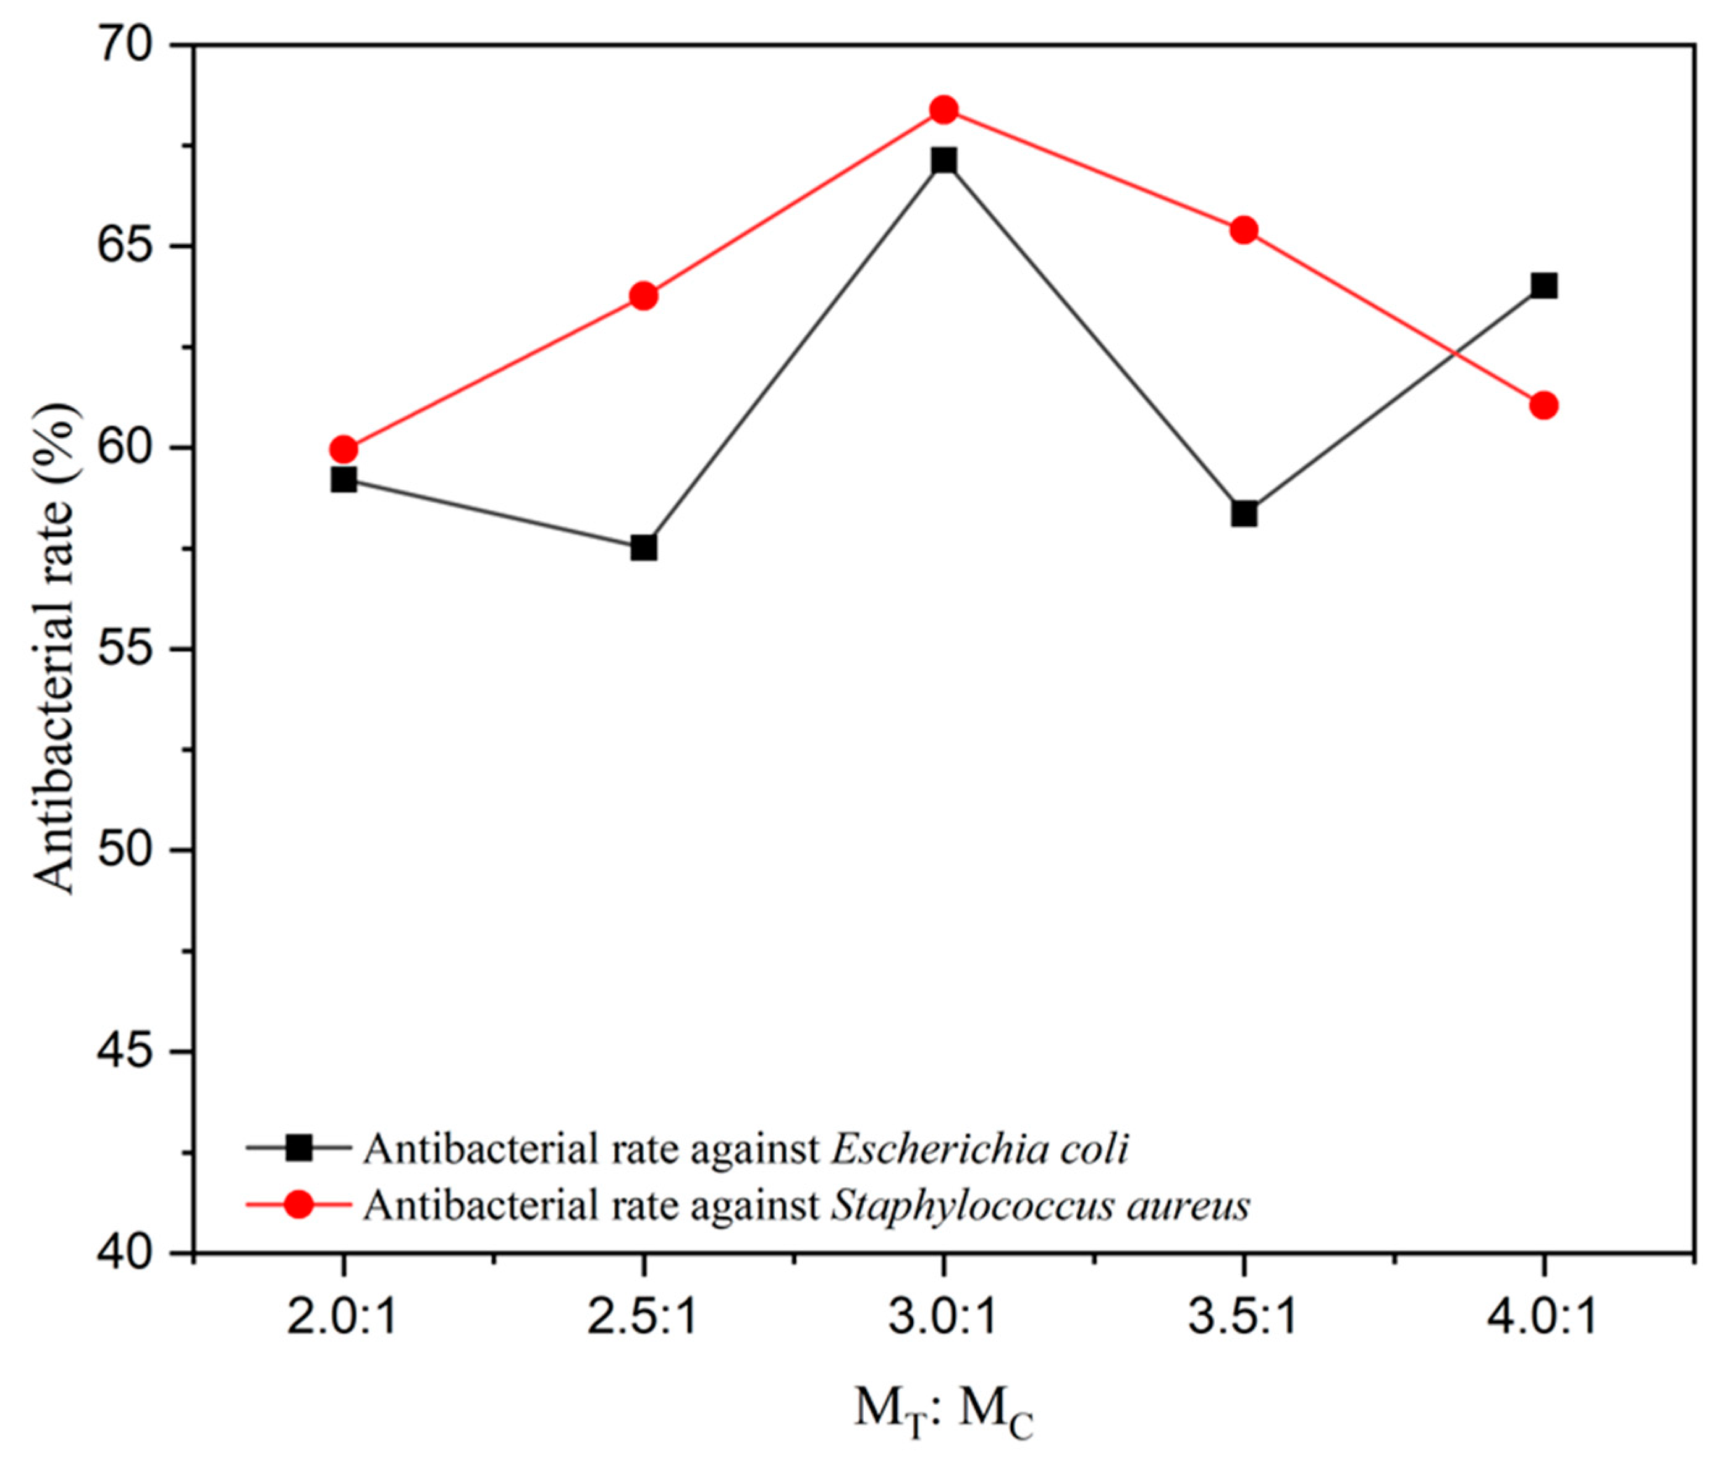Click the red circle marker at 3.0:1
pyautogui.click(x=943, y=110)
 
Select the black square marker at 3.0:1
pyautogui.click(x=943, y=160)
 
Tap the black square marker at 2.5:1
pyautogui.click(x=644, y=548)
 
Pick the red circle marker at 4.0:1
pyautogui.click(x=1543, y=406)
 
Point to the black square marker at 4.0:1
pyautogui.click(x=1543, y=286)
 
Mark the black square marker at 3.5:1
pyautogui.click(x=1244, y=514)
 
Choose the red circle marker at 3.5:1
pyautogui.click(x=1244, y=230)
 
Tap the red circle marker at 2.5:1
pyautogui.click(x=644, y=296)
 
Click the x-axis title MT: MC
pyautogui.click(x=943, y=1412)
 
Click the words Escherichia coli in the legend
pyautogui.click(x=979, y=1148)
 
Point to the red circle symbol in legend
pyautogui.click(x=298, y=1204)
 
